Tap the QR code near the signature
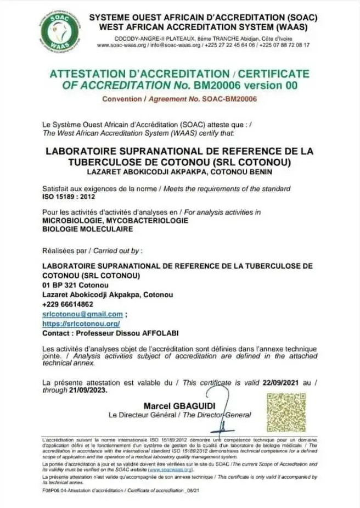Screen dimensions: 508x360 point(286,412)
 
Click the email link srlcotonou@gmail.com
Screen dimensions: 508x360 point(82,314)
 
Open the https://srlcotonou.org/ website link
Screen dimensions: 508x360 point(81,323)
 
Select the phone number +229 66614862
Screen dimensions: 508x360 point(67,304)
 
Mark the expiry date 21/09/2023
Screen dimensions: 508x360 point(86,390)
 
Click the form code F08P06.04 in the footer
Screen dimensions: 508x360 point(57,489)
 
